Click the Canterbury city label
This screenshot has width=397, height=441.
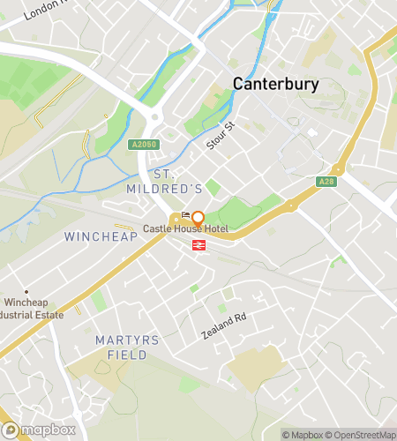point(275,84)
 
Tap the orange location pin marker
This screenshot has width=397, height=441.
point(198,218)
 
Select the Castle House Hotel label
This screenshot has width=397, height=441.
point(186,228)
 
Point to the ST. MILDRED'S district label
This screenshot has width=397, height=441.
point(177,182)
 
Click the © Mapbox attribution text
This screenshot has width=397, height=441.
point(303,434)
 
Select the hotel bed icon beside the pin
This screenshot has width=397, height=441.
point(185,216)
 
